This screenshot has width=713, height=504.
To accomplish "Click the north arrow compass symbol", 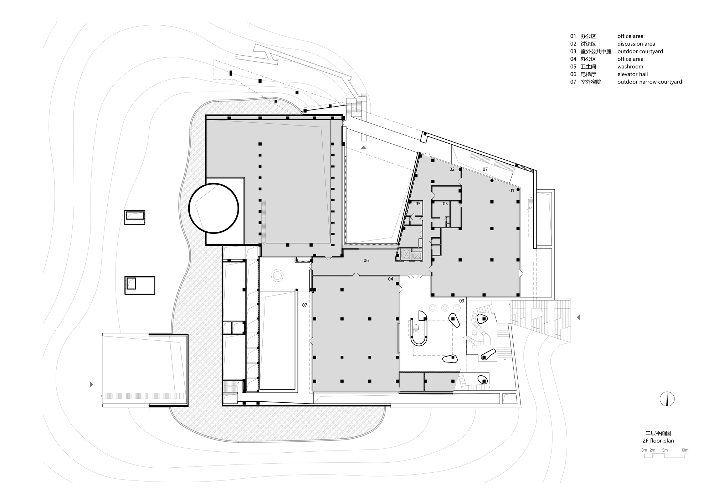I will (x=666, y=399).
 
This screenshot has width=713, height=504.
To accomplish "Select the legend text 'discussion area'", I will (x=636, y=44).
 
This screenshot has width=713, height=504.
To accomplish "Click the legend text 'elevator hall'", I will (x=632, y=74).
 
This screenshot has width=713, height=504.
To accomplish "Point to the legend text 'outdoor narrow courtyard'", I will (x=649, y=82).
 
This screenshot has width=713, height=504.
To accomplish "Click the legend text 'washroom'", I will (x=630, y=67).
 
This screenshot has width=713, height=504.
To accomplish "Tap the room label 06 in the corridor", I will (x=366, y=261).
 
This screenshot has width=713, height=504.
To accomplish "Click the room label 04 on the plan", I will (x=390, y=279).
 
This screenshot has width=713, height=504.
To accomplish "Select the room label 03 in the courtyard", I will (x=462, y=301).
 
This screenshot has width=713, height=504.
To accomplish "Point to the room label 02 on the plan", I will (x=452, y=169).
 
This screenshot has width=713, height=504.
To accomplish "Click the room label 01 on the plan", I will (x=512, y=191).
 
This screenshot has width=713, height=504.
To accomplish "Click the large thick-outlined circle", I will (x=214, y=208).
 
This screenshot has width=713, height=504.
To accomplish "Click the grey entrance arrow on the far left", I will (x=92, y=385).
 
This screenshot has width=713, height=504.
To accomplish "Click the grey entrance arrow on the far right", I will (x=578, y=317).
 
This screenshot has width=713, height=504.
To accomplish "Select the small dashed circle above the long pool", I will (x=277, y=275).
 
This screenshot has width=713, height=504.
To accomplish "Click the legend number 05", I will (x=573, y=67).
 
